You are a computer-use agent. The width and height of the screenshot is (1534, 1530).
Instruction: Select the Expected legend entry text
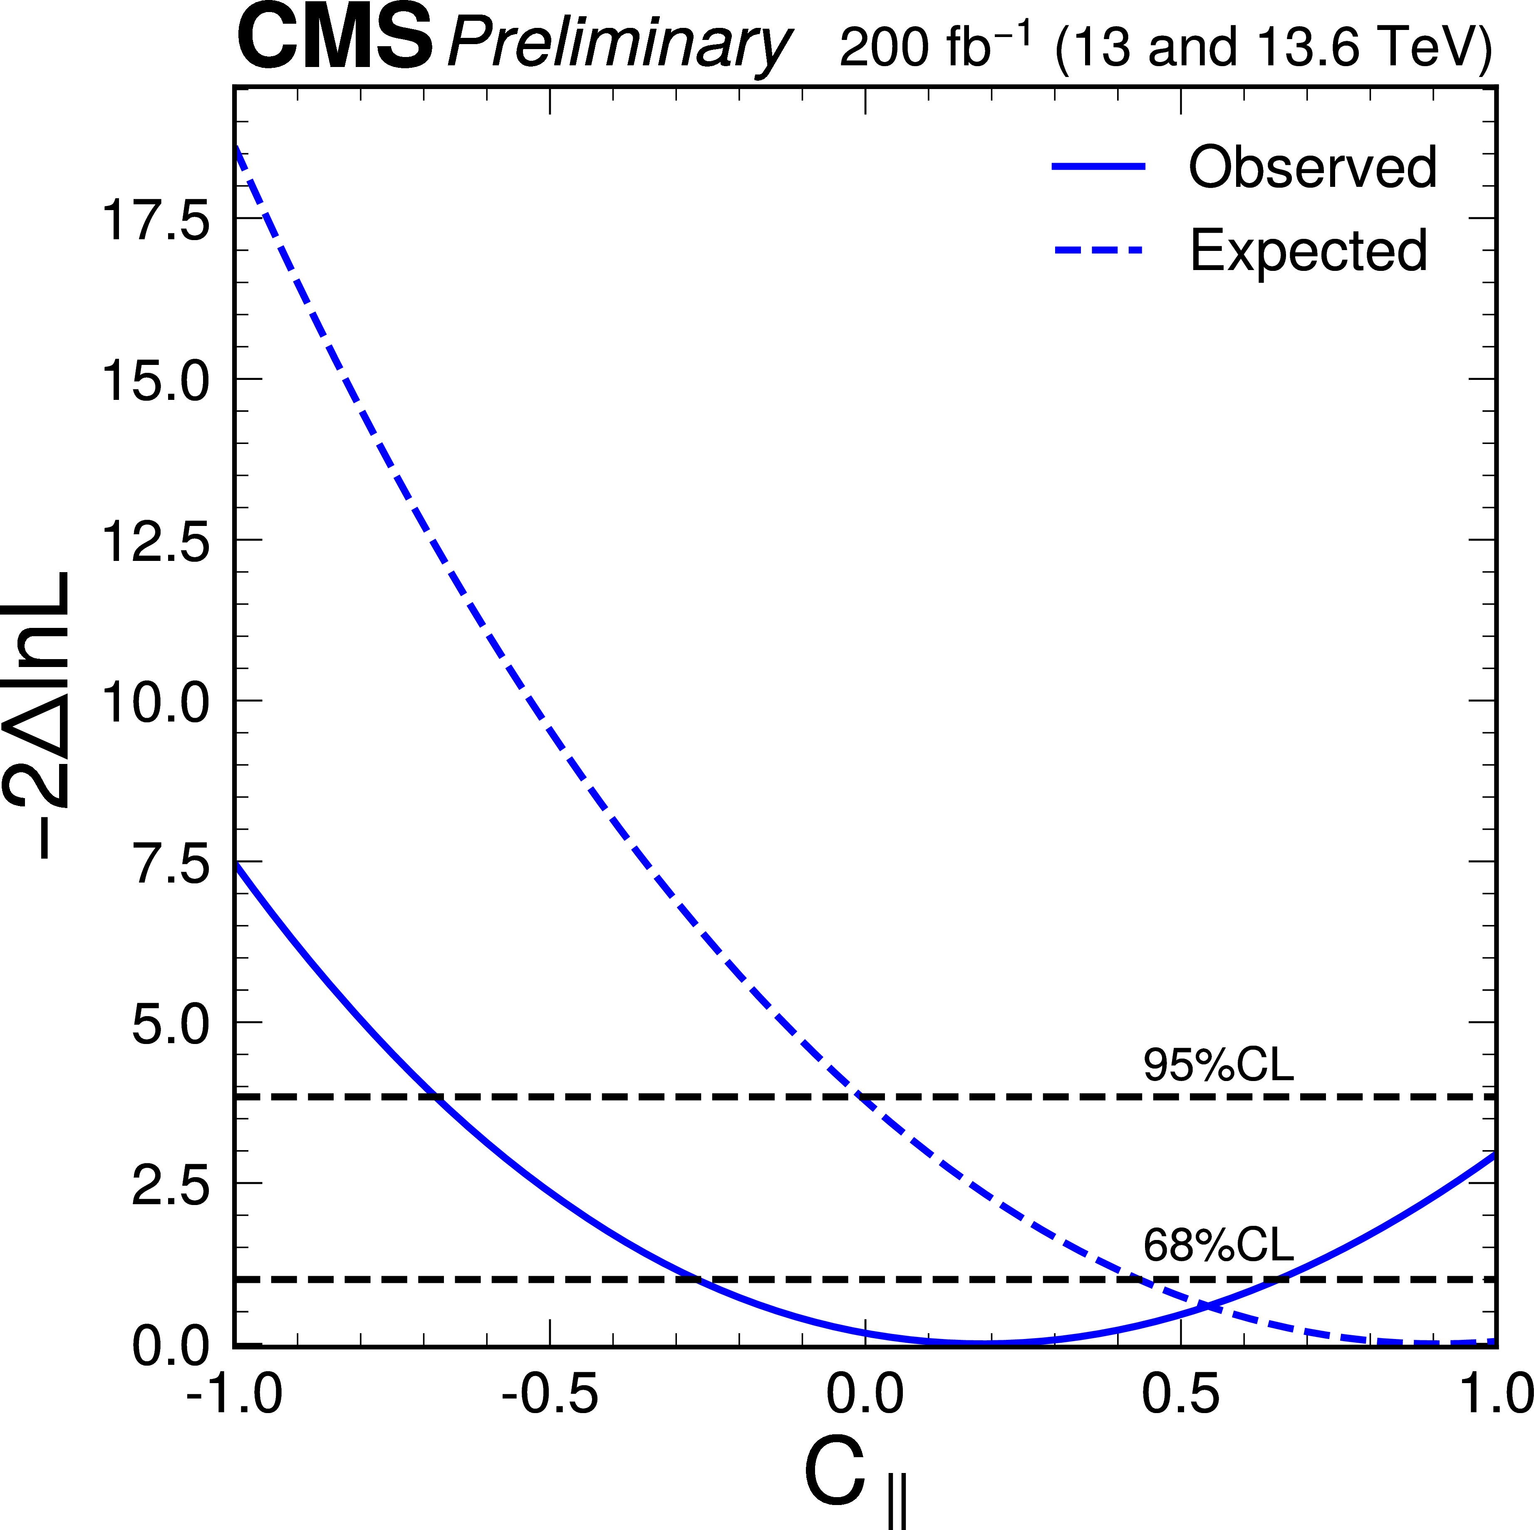1308,250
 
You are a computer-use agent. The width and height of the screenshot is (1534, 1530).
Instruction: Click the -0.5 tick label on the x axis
550,1395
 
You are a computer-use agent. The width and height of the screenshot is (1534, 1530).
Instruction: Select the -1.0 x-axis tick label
234,1395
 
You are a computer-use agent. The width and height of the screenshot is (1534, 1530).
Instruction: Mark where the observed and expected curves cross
1209,1305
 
